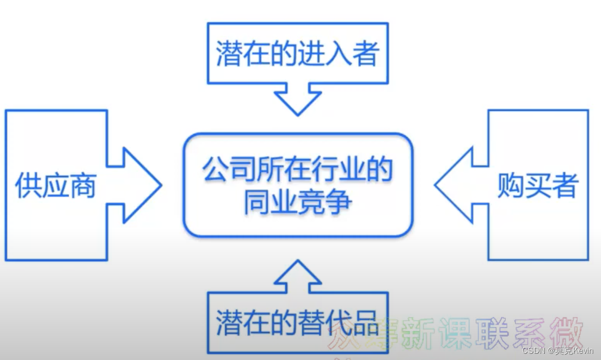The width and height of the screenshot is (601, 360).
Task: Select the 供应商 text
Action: (x=56, y=185)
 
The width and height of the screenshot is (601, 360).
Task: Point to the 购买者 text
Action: (x=538, y=185)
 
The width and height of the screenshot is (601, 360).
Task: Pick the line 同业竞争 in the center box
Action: (x=298, y=202)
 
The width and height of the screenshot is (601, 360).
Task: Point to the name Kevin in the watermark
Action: (x=583, y=351)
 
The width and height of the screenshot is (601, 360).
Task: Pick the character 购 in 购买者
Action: (x=510, y=185)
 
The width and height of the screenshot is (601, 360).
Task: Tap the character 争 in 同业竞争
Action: (x=338, y=202)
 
